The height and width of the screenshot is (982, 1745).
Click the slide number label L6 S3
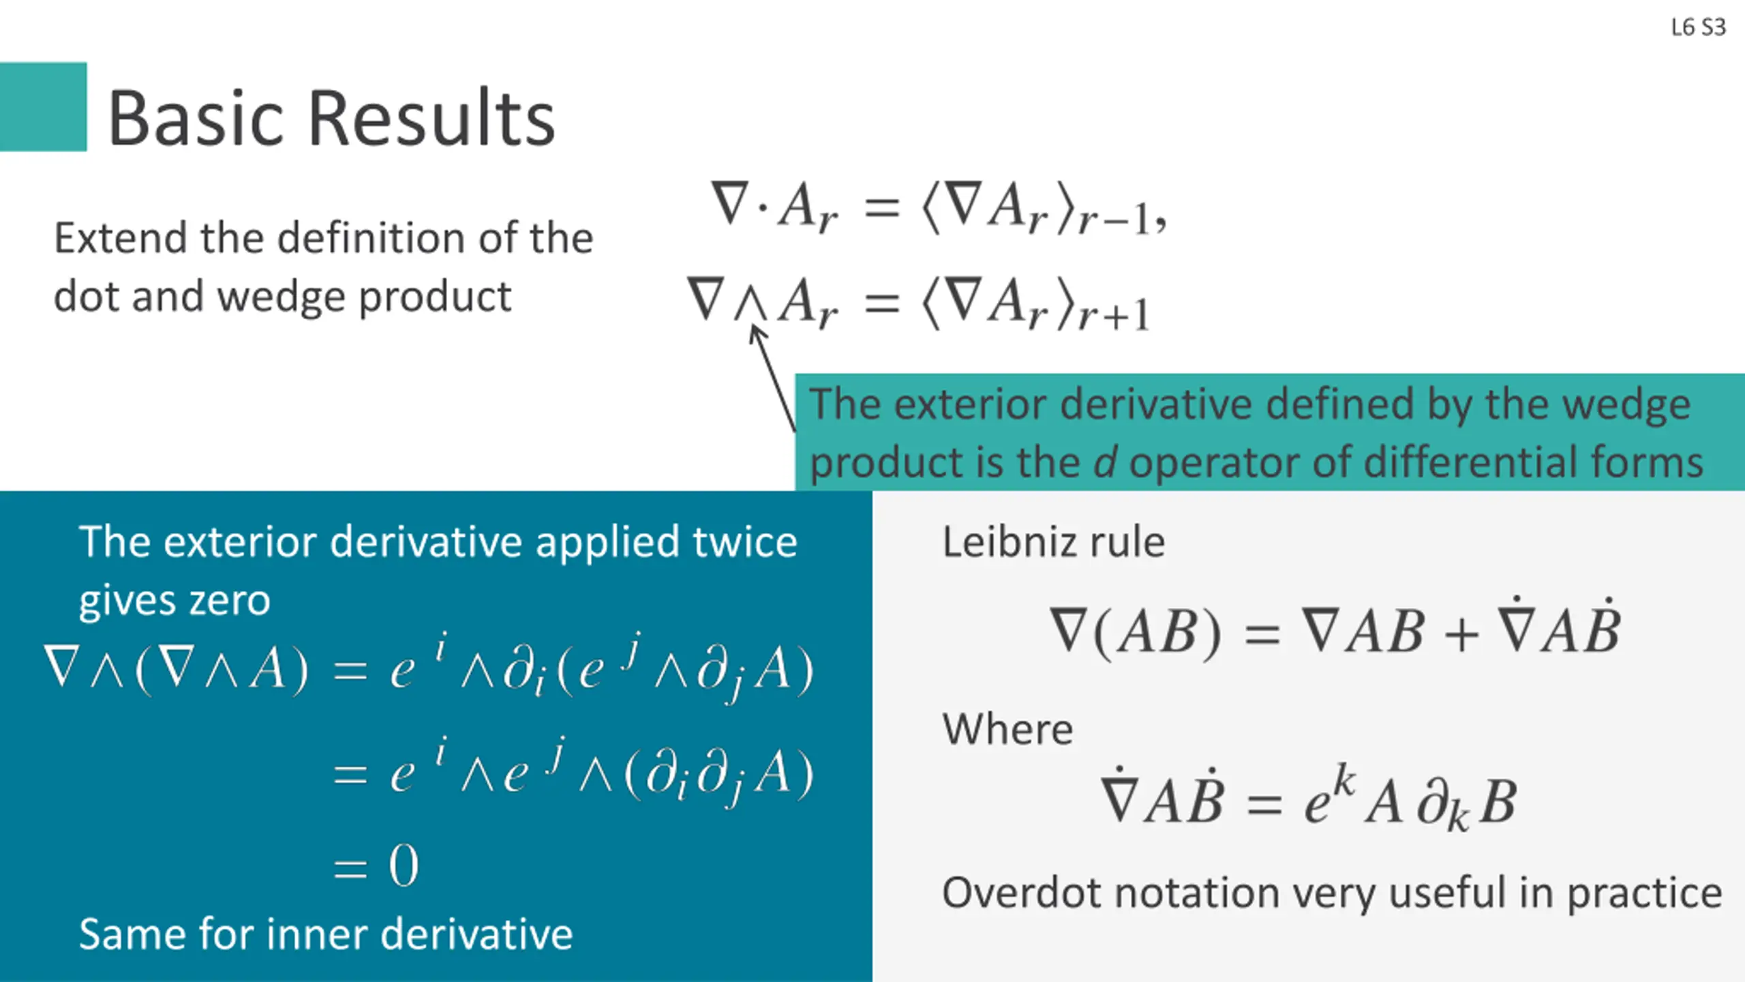click(1698, 27)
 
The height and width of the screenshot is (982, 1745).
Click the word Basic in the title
click(197, 119)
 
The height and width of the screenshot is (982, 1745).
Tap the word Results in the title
click(432, 119)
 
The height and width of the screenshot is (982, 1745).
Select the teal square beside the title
click(43, 106)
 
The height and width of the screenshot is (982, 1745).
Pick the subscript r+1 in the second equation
click(1114, 315)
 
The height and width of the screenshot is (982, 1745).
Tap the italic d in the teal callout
click(1105, 462)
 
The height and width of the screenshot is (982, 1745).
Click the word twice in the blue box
click(744, 542)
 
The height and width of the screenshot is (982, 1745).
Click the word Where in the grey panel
click(1007, 730)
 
